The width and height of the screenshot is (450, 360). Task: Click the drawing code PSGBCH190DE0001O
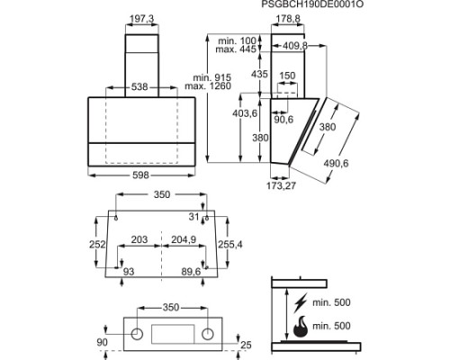[312, 4]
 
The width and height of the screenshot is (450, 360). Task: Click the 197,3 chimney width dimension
[141, 19]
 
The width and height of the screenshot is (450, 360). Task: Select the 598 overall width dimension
[140, 175]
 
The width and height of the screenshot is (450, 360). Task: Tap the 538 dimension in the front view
[139, 87]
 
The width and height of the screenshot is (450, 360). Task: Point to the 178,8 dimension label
[288, 19]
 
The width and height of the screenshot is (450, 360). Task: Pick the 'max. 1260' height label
[208, 86]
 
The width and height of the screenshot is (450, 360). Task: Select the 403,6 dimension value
[245, 113]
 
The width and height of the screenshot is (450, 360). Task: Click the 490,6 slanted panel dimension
[336, 164]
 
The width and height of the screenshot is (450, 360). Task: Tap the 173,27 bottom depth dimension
[281, 186]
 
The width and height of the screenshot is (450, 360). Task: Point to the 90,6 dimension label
[283, 120]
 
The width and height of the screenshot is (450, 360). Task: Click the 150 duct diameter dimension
[287, 76]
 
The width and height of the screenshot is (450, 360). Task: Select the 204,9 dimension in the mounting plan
[184, 239]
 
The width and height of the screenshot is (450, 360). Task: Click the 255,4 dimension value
[230, 245]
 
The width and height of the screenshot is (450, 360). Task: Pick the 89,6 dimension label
[191, 272]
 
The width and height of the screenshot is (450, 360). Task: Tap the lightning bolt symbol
[301, 303]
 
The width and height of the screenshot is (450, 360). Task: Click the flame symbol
[300, 327]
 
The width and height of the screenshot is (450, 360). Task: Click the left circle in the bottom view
[137, 334]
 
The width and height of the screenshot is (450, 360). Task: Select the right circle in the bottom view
[208, 334]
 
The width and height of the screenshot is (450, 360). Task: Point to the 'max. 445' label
[236, 49]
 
